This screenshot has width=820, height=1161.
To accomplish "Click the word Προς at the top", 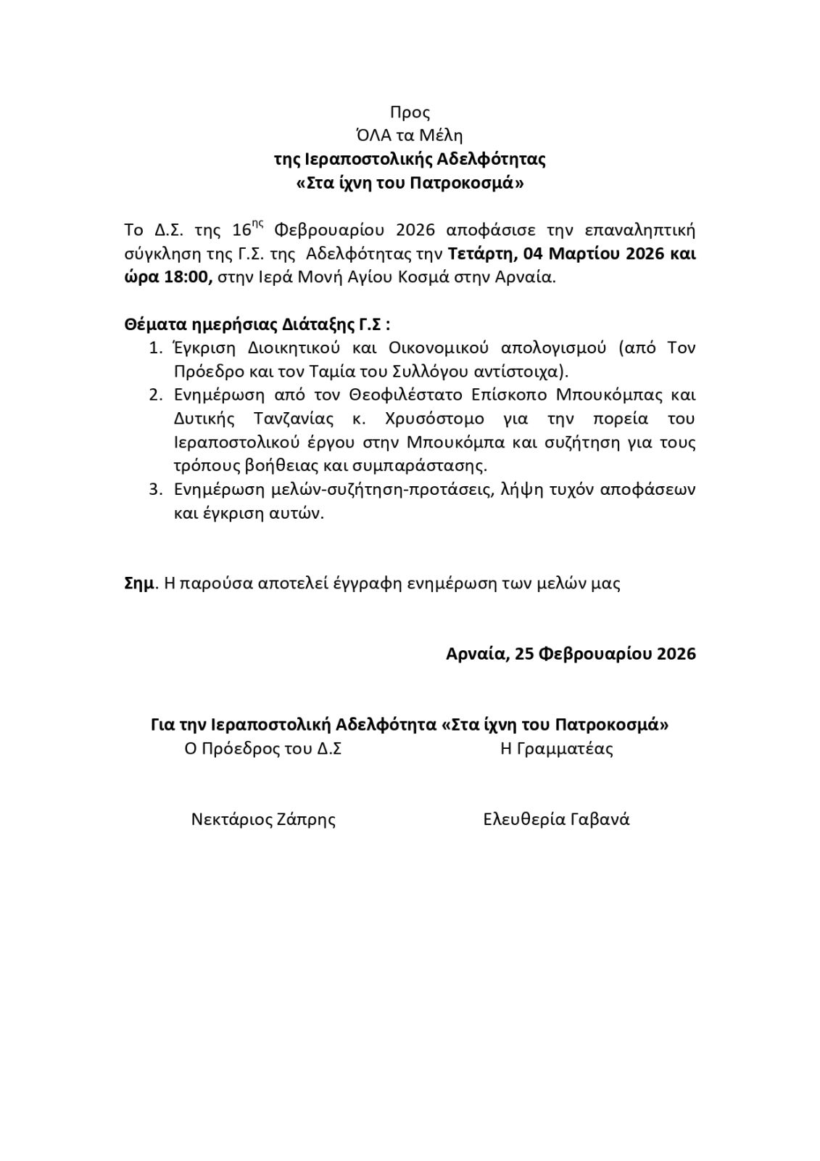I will point(410,112).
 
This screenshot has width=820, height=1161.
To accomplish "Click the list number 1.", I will point(155,348).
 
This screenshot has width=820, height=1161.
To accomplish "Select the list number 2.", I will point(155,395).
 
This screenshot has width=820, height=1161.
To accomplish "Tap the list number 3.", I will point(155,489).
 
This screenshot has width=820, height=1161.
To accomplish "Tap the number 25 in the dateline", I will point(524,654).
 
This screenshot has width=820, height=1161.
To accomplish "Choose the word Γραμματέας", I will point(565,749).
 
